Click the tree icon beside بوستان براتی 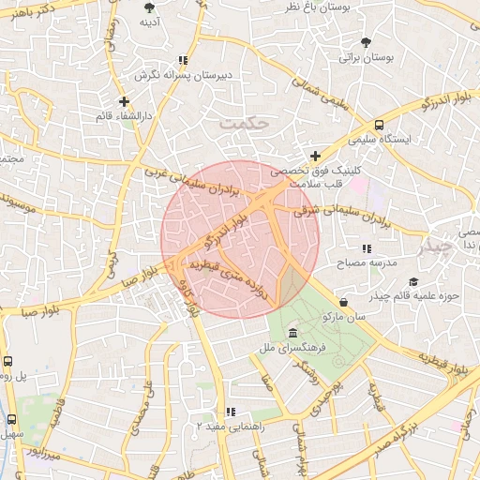[366, 42]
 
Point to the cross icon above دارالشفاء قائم [124, 100]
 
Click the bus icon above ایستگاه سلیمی [379, 124]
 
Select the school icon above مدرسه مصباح [367, 248]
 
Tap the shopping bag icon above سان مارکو [343, 302]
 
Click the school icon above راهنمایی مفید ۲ [230, 411]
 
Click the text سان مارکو [344, 317]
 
